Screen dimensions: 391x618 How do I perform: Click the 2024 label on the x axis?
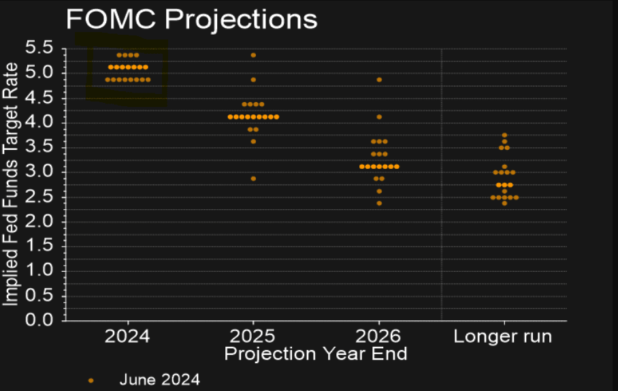pos(127,336)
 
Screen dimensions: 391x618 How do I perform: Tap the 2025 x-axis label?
pos(253,336)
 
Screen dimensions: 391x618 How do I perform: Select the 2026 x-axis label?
pos(379,336)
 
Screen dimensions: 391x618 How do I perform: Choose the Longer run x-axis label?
pos(503,336)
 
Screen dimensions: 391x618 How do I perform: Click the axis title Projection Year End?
pos(316,354)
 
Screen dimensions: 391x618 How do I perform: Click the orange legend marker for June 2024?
pos(91,380)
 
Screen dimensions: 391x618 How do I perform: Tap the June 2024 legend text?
pos(159,379)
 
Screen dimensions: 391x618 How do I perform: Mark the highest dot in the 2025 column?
pos(253,55)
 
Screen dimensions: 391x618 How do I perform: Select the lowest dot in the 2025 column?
pos(253,178)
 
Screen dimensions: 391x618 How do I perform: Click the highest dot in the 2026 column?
pos(379,80)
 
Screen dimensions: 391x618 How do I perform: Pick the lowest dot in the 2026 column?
pos(379,203)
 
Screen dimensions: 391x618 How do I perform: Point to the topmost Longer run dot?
pos(504,135)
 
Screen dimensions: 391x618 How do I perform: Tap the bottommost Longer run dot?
pos(504,203)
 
